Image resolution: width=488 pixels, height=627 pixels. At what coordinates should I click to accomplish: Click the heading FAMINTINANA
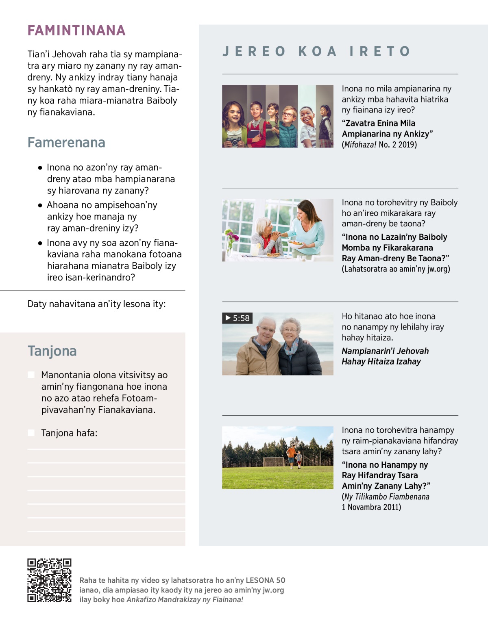tap(76, 30)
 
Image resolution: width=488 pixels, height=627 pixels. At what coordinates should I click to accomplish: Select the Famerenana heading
tap(66, 143)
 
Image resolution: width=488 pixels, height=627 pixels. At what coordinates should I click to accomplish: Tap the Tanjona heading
tap(52, 351)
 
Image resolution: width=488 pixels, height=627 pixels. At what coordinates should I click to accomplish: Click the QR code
tap(49, 580)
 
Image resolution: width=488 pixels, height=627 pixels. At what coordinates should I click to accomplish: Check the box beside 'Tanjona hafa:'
tap(31, 433)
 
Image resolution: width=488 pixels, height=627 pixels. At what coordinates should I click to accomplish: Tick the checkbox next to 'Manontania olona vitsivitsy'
tap(31, 375)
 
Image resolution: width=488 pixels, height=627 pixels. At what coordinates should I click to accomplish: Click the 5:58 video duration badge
tap(237, 318)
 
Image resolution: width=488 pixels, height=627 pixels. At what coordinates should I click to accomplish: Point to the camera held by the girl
tap(234, 141)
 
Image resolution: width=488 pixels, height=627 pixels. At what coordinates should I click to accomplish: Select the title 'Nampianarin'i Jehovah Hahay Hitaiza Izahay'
tap(385, 356)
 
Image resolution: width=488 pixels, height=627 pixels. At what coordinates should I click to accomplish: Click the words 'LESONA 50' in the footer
tap(266, 580)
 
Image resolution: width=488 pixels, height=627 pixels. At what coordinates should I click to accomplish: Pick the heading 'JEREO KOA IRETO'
tap(316, 51)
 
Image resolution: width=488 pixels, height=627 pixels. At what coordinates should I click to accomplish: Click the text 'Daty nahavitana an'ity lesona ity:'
tap(96, 304)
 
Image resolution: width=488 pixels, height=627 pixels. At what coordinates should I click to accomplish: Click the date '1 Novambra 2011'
tap(371, 507)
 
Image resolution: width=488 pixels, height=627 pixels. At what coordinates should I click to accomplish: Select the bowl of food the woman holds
tap(296, 244)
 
